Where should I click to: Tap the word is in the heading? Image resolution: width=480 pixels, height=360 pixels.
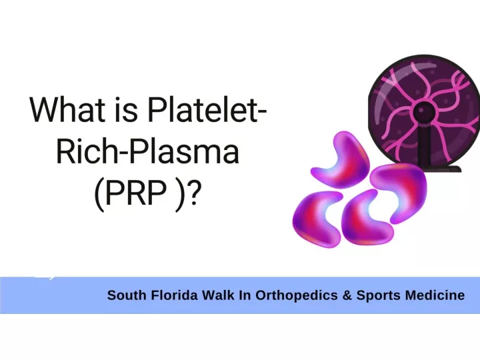click(x=127, y=109)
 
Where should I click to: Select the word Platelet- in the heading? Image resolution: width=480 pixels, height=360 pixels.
click(x=207, y=109)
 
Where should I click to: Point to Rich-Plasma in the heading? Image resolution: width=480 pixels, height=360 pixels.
click(x=147, y=151)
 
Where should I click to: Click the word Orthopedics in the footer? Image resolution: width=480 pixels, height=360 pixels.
click(x=297, y=296)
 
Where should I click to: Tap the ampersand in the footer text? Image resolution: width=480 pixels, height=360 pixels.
click(x=347, y=295)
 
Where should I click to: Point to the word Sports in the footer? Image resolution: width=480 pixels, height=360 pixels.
click(x=379, y=296)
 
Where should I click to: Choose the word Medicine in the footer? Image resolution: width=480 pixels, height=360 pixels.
click(x=435, y=295)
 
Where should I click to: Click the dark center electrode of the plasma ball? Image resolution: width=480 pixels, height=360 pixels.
click(x=424, y=113)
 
